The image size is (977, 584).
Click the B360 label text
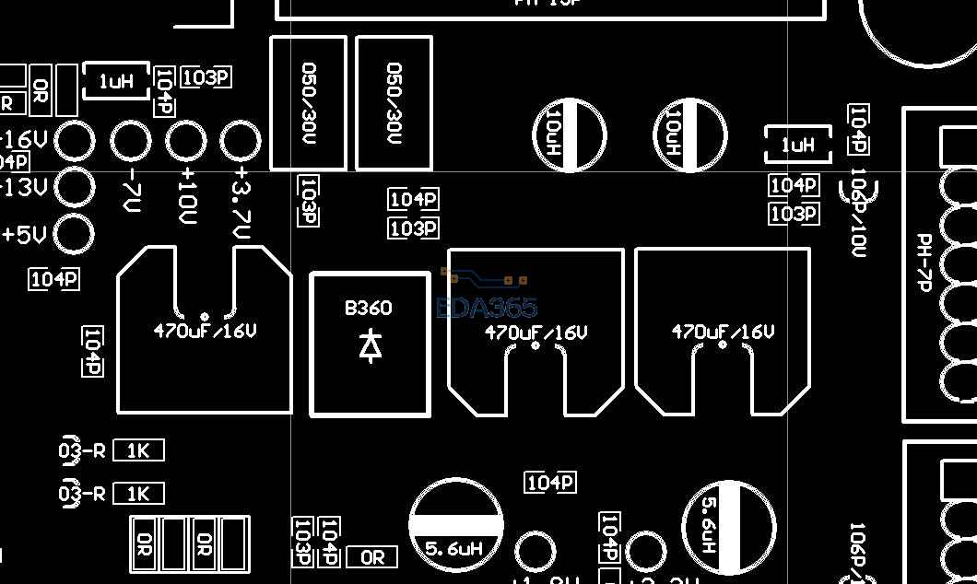tap(368, 308)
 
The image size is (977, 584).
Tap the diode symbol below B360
tap(370, 345)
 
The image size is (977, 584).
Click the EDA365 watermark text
tap(486, 307)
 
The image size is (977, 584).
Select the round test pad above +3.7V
tap(241, 142)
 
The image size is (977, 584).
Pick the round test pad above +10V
tap(186, 142)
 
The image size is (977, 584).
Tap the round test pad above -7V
tap(131, 142)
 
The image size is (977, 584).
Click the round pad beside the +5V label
tap(76, 234)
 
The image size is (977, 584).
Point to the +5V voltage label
tap(24, 235)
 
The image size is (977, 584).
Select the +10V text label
tap(188, 195)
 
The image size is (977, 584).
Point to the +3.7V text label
tap(242, 203)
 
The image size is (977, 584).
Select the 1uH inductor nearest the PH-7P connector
tap(798, 146)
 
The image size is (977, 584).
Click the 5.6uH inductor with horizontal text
tap(456, 525)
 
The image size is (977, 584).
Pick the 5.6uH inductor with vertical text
tap(728, 528)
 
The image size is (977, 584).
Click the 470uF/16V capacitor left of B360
tap(205, 330)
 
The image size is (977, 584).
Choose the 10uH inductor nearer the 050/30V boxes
tap(571, 134)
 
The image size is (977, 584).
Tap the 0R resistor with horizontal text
tap(372, 557)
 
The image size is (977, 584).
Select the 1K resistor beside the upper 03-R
tap(138, 451)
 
